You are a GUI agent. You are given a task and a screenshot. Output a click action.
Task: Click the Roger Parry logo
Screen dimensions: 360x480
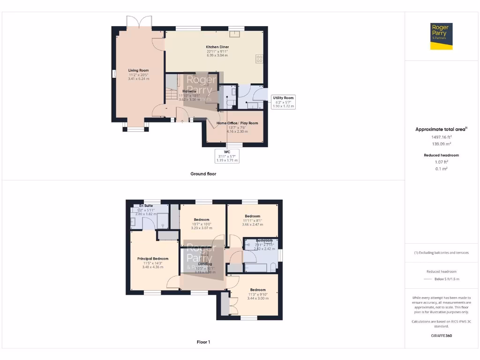click(x=441, y=36)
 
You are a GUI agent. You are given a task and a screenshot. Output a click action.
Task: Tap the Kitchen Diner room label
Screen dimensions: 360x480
click(x=217, y=51)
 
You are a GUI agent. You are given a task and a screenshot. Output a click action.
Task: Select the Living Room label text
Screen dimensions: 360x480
click(x=138, y=75)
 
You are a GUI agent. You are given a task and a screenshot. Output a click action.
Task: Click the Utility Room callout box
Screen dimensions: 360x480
click(x=283, y=102)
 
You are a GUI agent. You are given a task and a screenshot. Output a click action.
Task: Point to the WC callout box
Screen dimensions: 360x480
click(x=227, y=156)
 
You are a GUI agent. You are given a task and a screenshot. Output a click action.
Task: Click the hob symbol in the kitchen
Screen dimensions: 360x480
click(x=259, y=59)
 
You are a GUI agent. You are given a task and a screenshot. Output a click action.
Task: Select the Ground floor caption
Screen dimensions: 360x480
click(x=203, y=174)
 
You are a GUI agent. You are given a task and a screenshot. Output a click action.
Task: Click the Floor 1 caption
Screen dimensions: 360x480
click(x=203, y=342)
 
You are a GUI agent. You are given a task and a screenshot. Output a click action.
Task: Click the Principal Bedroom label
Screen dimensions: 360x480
click(x=153, y=262)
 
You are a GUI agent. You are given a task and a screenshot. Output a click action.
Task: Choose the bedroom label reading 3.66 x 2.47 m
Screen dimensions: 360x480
click(x=252, y=220)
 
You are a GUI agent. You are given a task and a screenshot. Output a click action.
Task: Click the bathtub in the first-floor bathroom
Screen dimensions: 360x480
click(x=257, y=268)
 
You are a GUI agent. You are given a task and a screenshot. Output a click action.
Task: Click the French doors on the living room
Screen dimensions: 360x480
click(x=139, y=22)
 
